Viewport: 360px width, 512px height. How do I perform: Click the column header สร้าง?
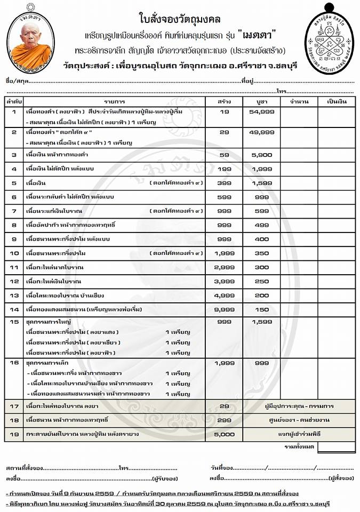coord(224,101)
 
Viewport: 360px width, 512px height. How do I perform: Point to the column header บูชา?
coord(261,101)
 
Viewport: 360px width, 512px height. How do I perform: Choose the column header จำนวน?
coord(299,101)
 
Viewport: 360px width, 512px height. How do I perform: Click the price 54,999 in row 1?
coord(261,112)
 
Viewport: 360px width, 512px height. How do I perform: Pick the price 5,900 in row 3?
coord(261,154)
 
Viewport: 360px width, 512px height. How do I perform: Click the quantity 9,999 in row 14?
coord(224,308)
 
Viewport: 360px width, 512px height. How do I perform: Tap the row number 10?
coord(14,252)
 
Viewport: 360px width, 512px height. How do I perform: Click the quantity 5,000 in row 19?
coord(224,435)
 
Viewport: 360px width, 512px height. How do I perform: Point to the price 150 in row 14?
coord(261,308)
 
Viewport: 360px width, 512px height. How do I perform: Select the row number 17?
coord(14,406)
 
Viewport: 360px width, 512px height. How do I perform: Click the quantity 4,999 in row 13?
coord(224,294)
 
